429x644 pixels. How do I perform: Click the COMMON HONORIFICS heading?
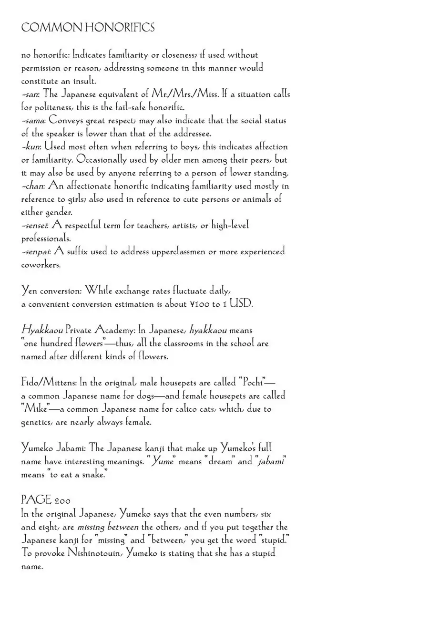pyautogui.click(x=88, y=28)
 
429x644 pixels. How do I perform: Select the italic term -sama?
pyautogui.click(x=33, y=121)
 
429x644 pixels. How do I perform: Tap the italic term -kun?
pyautogui.click(x=31, y=147)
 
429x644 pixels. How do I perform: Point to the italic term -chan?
pyautogui.click(x=32, y=187)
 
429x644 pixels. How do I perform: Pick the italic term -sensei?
pyautogui.click(x=34, y=226)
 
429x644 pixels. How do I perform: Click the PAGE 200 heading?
pyautogui.click(x=46, y=500)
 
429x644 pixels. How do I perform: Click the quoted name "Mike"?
pyautogui.click(x=35, y=409)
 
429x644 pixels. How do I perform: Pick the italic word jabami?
pyautogui.click(x=271, y=461)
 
